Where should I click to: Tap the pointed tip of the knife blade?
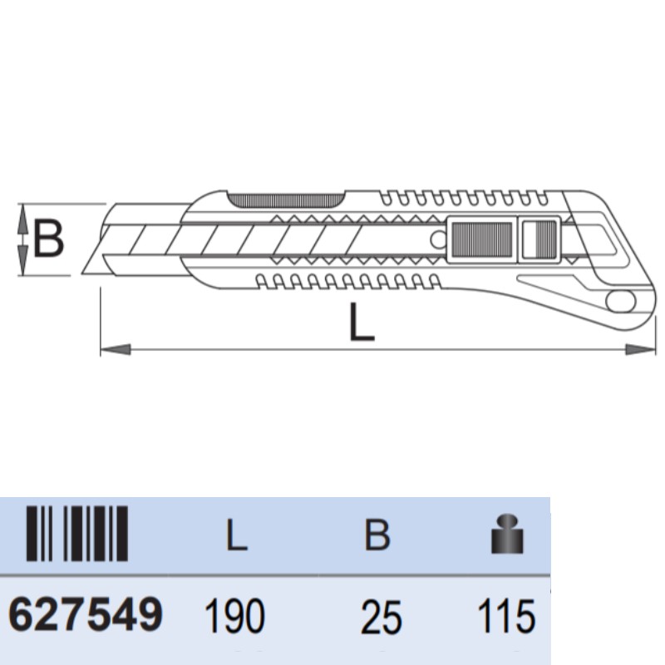[x=86, y=272]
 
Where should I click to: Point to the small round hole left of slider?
[x=437, y=239]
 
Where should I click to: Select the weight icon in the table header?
[x=508, y=535]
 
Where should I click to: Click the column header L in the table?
[x=237, y=536]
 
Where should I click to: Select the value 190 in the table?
[x=234, y=618]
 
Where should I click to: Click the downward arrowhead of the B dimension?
[x=25, y=267]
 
